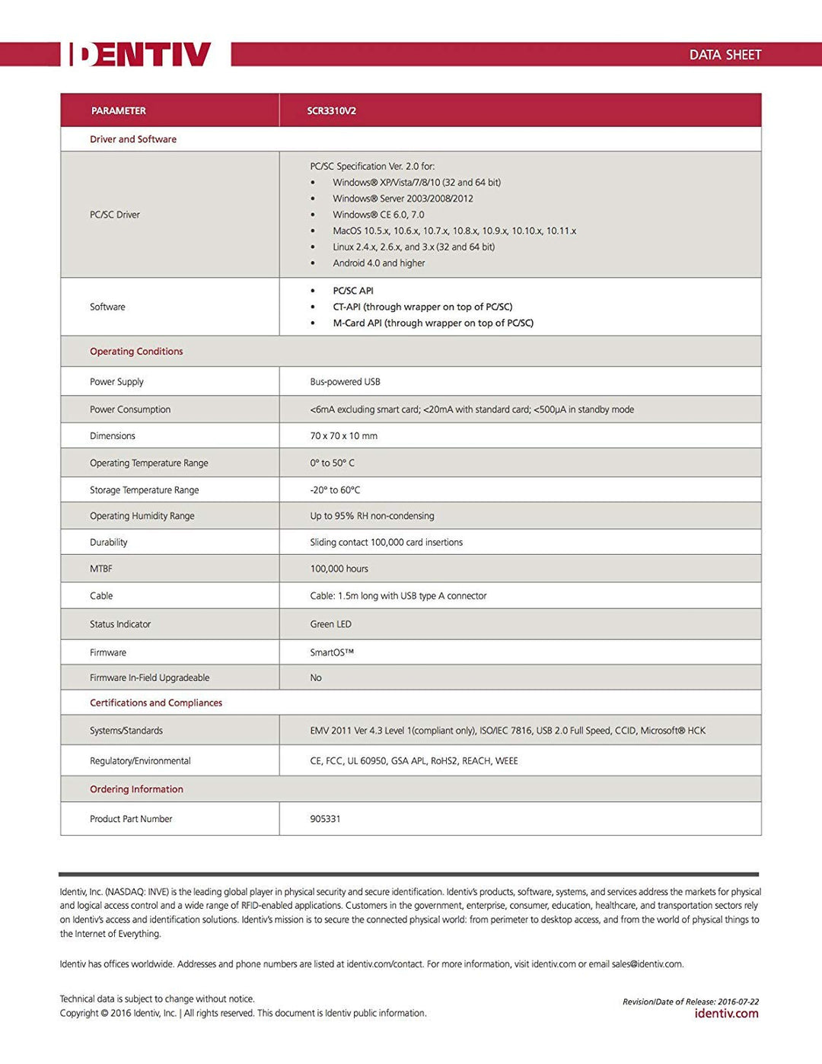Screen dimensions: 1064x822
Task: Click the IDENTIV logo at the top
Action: pos(140,54)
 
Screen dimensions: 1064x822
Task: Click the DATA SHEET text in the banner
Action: pos(725,55)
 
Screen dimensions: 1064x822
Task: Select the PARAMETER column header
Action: pos(118,110)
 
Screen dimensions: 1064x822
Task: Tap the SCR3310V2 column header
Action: pos(331,110)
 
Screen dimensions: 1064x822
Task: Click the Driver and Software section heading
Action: pos(133,139)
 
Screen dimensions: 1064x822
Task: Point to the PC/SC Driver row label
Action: pos(115,215)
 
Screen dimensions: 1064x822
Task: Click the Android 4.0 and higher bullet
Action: pos(378,263)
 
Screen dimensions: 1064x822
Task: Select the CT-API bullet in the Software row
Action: pos(422,307)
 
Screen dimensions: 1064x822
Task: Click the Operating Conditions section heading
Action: pos(136,352)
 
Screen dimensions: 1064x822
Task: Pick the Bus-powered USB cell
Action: pos(345,382)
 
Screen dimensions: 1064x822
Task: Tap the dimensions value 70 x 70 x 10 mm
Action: pos(343,436)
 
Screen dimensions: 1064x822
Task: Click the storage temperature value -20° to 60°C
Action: pos(335,490)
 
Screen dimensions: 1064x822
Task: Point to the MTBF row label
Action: pos(101,569)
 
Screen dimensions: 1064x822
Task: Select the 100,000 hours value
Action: pos(339,569)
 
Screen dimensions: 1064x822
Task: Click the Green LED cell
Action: pos(330,624)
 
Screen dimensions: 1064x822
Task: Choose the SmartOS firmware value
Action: pos(331,652)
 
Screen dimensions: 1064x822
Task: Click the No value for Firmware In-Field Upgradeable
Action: pos(316,677)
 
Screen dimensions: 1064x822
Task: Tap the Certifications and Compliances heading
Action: pos(156,703)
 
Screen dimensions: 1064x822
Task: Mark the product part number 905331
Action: pos(325,819)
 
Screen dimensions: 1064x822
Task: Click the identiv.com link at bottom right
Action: pos(726,1013)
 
